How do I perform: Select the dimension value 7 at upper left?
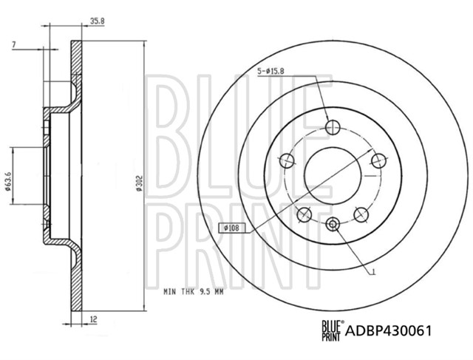click(14, 46)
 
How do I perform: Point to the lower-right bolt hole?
click(361, 214)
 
